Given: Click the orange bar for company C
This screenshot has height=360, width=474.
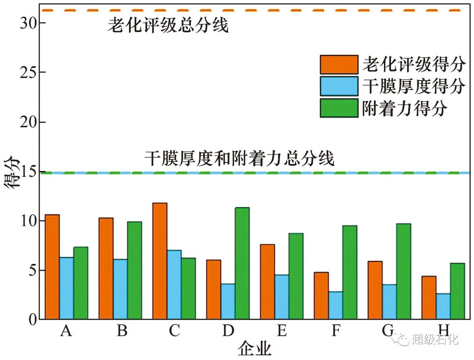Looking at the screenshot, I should (160, 261).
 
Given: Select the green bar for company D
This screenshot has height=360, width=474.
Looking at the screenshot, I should (242, 264).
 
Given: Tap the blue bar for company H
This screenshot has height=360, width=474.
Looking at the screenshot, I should (443, 307).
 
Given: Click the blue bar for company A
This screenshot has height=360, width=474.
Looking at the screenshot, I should (66, 289).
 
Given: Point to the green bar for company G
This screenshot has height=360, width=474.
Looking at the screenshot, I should (403, 271).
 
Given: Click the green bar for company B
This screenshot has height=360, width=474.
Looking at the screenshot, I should (134, 271).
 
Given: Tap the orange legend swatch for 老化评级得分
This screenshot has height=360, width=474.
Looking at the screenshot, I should (338, 64).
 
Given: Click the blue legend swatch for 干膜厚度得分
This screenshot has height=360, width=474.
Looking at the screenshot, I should (338, 86).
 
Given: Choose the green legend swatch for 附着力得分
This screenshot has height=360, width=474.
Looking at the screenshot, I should (338, 108).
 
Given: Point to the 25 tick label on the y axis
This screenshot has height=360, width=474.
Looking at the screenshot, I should (28, 72).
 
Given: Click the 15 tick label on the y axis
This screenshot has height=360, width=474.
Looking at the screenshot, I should (28, 172).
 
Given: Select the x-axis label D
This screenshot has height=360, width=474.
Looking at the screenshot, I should (228, 331).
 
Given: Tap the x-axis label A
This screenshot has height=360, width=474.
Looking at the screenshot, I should (66, 331).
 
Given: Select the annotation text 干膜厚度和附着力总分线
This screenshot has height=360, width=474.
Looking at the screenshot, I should (240, 158).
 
